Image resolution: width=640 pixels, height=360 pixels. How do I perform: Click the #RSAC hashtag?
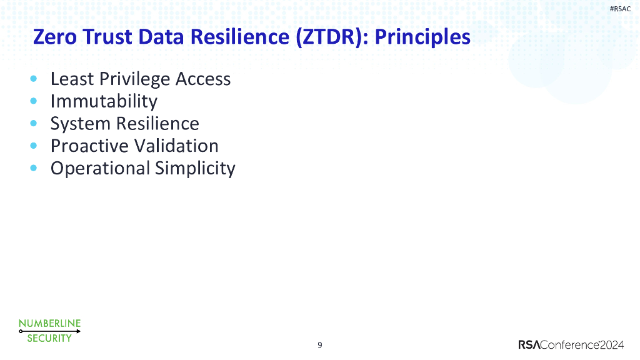coord(620,8)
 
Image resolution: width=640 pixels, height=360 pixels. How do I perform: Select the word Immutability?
coord(104,101)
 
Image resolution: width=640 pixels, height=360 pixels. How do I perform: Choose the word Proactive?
coord(90,146)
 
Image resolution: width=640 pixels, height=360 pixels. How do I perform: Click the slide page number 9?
coord(320,345)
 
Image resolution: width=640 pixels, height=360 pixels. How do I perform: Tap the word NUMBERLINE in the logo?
coord(49,323)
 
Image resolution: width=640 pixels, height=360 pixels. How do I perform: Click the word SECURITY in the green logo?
coord(49,339)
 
